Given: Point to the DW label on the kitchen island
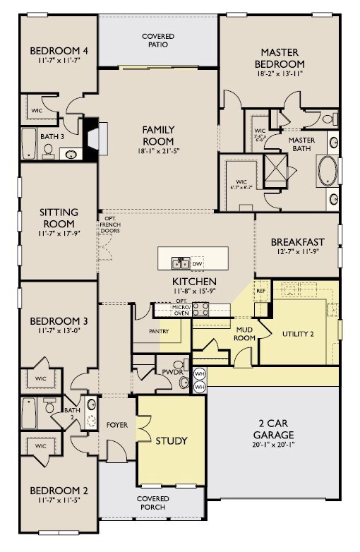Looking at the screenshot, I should [x=197, y=264].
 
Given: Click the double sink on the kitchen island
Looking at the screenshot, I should [x=180, y=264].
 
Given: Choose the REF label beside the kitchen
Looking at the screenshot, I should [x=260, y=290].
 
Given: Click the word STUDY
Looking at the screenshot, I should [x=171, y=441].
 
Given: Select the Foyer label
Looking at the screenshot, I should [x=116, y=425].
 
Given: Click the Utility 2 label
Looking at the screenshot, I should [x=297, y=333].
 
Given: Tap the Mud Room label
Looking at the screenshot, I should [x=245, y=333].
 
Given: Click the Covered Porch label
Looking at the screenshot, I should [x=152, y=503].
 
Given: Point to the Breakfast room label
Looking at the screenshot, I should [x=296, y=242].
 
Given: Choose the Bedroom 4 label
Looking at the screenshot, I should [x=59, y=51].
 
